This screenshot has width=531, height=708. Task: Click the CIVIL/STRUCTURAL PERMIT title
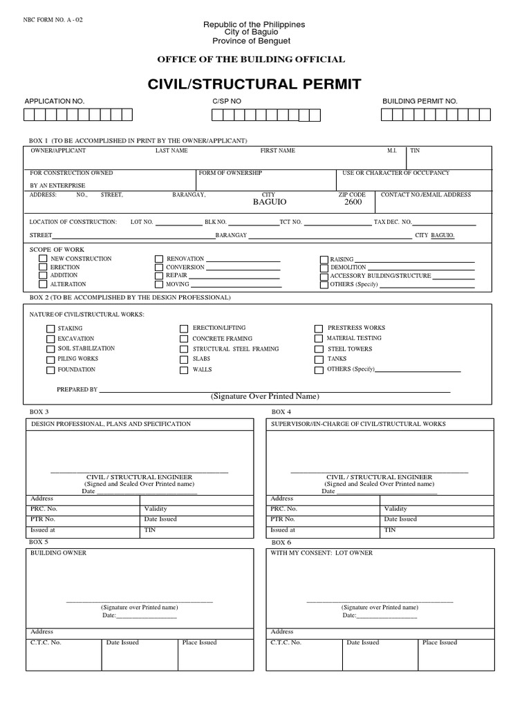(x=254, y=84)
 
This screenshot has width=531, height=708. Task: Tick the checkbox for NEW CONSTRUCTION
(x=44, y=259)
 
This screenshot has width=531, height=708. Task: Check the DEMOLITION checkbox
(x=324, y=268)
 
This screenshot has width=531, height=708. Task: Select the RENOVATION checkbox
(x=160, y=259)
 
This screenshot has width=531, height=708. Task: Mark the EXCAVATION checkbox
(x=50, y=339)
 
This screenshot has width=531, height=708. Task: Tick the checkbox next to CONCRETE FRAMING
(x=184, y=339)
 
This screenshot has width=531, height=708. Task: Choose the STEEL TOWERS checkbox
(x=319, y=349)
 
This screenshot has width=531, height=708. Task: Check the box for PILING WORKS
(x=50, y=360)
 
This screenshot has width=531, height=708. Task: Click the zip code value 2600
(x=353, y=203)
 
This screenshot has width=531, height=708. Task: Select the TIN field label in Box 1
(x=415, y=150)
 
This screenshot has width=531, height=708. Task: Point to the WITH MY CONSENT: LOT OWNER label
(x=322, y=553)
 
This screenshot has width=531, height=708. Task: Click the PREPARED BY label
(x=77, y=389)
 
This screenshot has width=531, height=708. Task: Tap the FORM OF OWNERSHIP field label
(x=230, y=172)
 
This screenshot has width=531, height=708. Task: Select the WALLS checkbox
(x=184, y=370)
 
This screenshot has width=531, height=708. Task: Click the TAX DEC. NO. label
(x=393, y=222)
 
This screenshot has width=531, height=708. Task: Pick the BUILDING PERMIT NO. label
(x=420, y=101)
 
